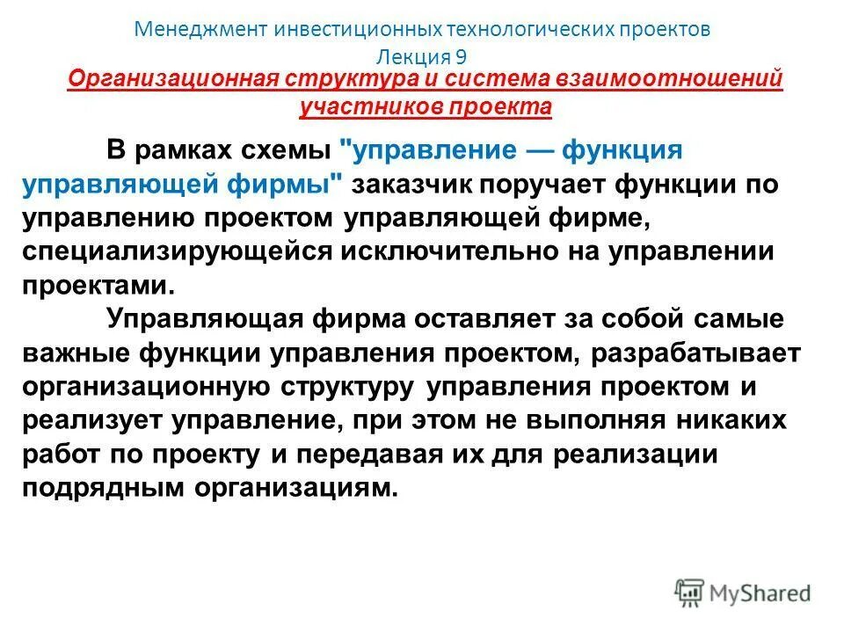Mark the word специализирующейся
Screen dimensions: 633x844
point(175,251)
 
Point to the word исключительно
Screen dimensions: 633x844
point(455,251)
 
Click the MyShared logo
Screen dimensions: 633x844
point(743,592)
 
